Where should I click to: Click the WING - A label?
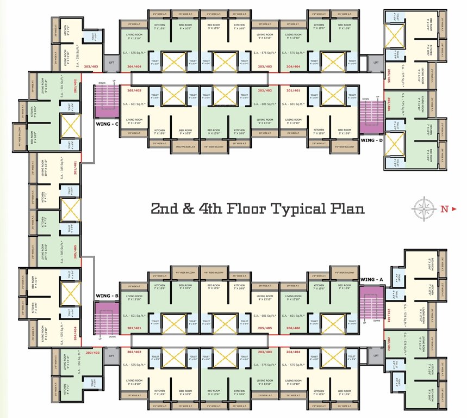pos(372,280)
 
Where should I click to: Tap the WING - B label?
pos(107,296)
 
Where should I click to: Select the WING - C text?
pos(107,124)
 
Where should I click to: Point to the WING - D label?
pos(372,140)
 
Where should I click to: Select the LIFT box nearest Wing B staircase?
pos(111,355)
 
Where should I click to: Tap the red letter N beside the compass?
pos(444,208)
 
